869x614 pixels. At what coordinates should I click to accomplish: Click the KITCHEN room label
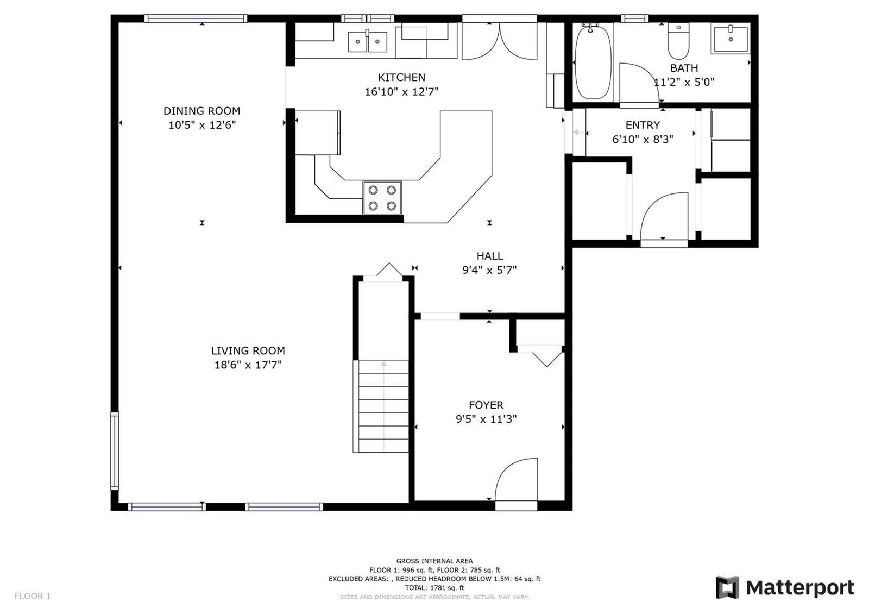point(401,77)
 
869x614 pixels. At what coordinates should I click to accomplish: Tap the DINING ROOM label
point(201,111)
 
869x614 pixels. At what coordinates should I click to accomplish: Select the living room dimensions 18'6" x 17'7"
point(248,365)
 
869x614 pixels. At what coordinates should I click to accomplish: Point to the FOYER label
point(486,405)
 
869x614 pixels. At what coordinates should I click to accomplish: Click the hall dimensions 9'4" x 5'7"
point(489,270)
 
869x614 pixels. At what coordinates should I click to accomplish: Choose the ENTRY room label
point(643,125)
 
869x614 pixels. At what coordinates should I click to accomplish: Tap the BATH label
point(684,68)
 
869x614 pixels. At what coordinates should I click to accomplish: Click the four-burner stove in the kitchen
point(382,197)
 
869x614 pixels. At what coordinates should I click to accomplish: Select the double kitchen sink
point(367,41)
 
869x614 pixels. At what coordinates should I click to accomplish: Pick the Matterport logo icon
point(727,587)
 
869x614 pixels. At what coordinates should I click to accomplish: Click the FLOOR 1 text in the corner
point(33,596)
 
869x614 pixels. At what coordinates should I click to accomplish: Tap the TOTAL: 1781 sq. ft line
point(434,587)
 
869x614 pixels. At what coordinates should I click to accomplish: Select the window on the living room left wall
point(115,450)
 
